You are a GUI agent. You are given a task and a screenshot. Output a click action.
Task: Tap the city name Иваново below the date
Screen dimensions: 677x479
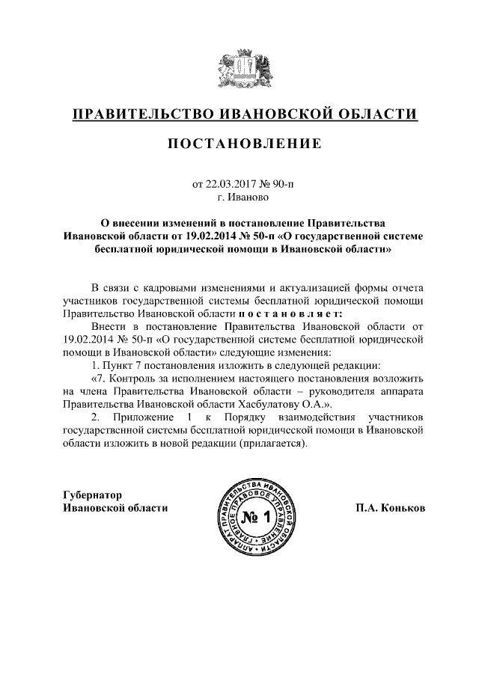point(250,197)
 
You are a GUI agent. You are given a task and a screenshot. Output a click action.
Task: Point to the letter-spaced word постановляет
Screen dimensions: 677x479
point(289,313)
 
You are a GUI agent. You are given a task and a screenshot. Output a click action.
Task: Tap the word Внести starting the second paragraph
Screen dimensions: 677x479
point(109,327)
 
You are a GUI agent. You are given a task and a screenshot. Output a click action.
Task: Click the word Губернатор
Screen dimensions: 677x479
point(91,494)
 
